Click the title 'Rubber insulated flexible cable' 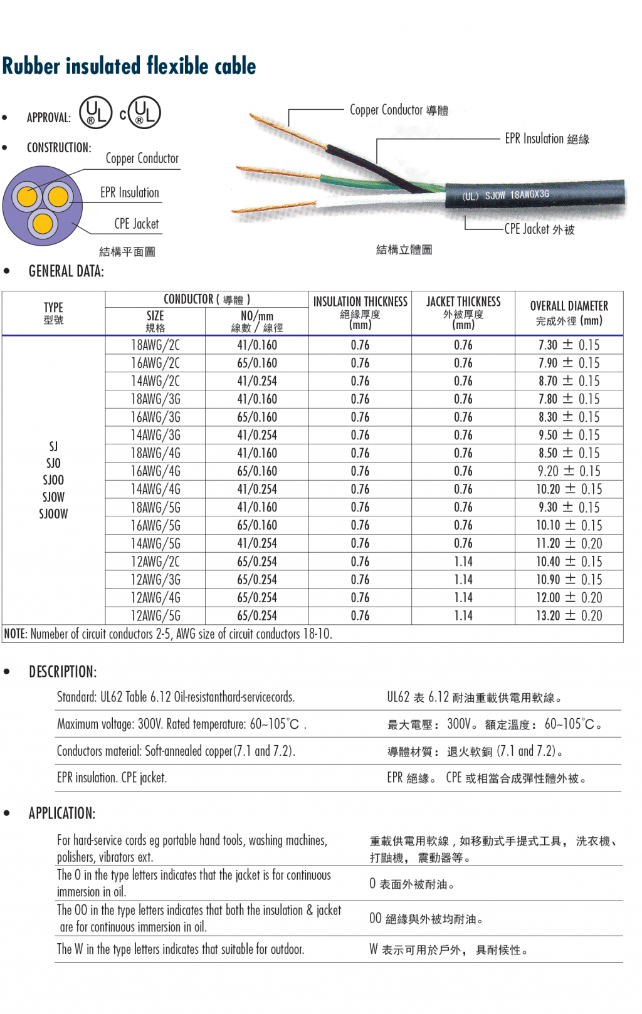coord(129,66)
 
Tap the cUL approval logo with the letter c coord(142,113)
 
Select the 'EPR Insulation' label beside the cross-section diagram coord(130,192)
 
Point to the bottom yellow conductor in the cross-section coord(43,222)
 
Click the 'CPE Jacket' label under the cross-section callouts coord(136,224)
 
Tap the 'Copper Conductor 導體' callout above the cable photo coord(399,110)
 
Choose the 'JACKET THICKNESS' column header coord(463,302)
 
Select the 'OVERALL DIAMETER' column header coord(569,306)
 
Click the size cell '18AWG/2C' coord(155,345)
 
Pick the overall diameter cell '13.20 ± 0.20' coord(569,615)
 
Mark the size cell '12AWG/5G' coord(155,615)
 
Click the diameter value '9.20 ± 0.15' coord(569,471)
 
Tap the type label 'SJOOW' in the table coord(53,514)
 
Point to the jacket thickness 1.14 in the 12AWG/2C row coord(463,562)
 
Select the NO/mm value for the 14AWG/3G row coord(257,435)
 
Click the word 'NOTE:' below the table coord(16,634)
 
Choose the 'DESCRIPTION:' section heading coord(63,672)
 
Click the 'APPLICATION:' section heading coord(62,813)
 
